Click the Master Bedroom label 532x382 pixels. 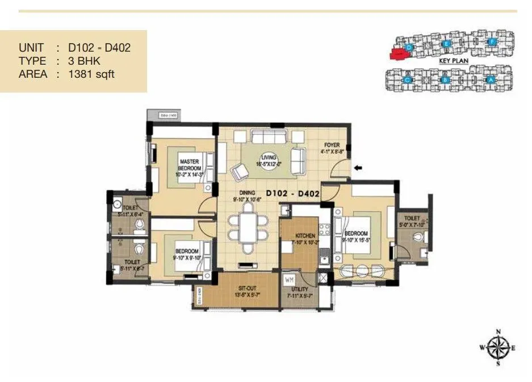pyautogui.click(x=189, y=165)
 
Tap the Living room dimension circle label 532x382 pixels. pyautogui.click(x=268, y=161)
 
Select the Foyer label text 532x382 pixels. pyautogui.click(x=332, y=148)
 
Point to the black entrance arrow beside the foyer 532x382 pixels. pyautogui.click(x=358, y=167)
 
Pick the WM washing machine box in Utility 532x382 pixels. pyautogui.click(x=290, y=280)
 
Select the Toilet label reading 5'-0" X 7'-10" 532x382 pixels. pyautogui.click(x=412, y=221)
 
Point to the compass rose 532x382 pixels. pyautogui.click(x=498, y=347)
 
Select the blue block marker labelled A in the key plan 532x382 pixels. pyautogui.click(x=491, y=80)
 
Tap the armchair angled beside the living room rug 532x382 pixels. pyautogui.click(x=239, y=171)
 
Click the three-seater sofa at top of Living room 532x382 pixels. pyautogui.click(x=269, y=138)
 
